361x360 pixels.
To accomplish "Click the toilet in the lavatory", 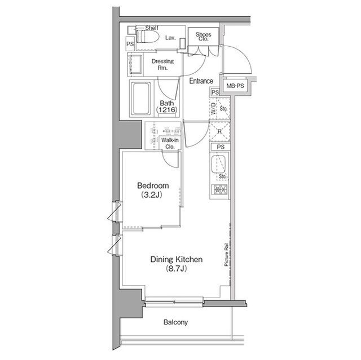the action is coord(148,36).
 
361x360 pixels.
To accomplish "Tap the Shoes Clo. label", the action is coord(203,37).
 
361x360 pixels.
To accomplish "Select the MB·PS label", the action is coord(235,86).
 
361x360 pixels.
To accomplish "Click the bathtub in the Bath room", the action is coord(140,99).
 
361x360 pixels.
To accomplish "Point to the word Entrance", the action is coord(201,81).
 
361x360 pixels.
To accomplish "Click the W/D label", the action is coord(213,109).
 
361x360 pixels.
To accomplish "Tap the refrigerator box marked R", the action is coord(219,132).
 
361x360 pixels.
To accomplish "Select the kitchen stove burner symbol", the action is coord(219,190).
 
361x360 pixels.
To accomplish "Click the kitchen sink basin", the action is coord(218,165).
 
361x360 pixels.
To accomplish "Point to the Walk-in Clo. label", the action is coord(170,143).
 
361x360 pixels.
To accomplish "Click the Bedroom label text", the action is coord(153,185).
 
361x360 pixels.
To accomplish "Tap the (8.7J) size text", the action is coord(176,269).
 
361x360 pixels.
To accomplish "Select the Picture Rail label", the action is coord(226,255).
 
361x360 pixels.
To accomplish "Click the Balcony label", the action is coord(175,322).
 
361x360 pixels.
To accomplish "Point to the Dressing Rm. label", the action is coord(162,64).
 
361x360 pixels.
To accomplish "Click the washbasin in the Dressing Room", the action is coord(135,64).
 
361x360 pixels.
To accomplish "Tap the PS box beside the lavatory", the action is coord(130,44).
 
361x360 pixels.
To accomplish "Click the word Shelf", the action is coord(152,28).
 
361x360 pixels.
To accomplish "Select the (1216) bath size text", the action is coord(167,110).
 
